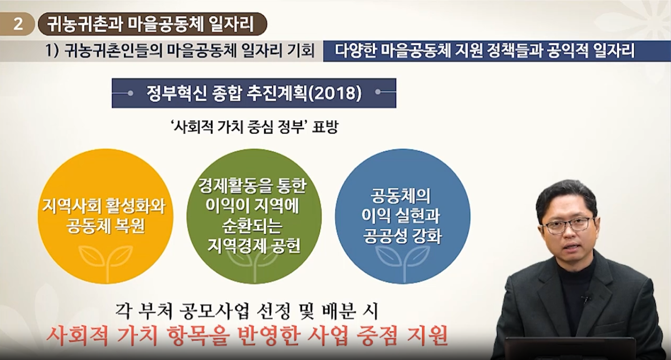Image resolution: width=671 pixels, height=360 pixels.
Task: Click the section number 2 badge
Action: [x=18, y=24]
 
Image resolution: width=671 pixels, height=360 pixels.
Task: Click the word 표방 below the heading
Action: [x=325, y=128]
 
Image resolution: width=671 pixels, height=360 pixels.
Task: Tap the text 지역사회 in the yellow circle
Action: [x=71, y=206]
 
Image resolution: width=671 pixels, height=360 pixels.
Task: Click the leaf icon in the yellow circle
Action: [x=106, y=259]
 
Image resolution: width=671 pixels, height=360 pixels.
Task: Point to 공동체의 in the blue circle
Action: [x=400, y=196]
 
